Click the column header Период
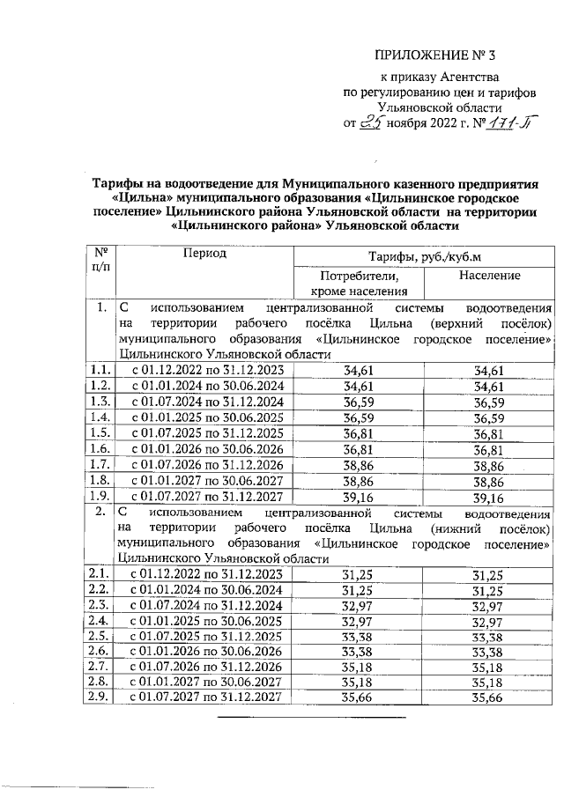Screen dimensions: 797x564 (x=204, y=254)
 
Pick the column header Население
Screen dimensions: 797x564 (x=489, y=277)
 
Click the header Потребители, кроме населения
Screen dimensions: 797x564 (x=358, y=284)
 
